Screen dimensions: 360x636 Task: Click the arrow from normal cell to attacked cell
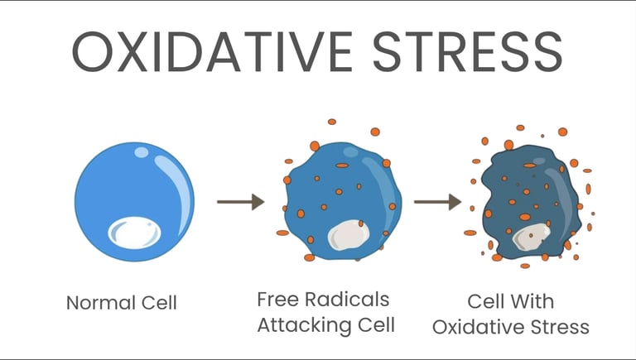(240, 201)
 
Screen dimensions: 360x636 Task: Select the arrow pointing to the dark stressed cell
(437, 201)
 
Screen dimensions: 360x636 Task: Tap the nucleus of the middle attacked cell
(345, 234)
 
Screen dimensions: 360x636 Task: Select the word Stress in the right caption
(563, 326)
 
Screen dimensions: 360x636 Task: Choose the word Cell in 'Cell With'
(486, 300)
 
